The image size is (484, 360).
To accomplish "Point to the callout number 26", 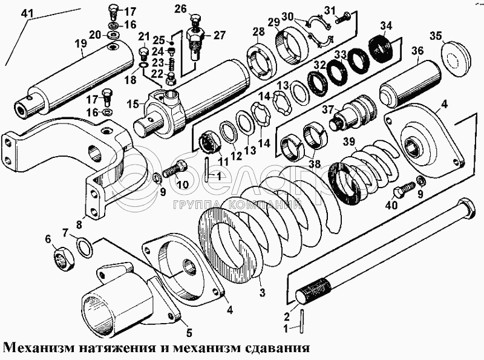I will click(180, 8).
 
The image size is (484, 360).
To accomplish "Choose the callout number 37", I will click(328, 110).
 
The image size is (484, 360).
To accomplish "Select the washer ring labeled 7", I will click(85, 247).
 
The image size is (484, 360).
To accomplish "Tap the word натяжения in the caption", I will click(122, 349).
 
